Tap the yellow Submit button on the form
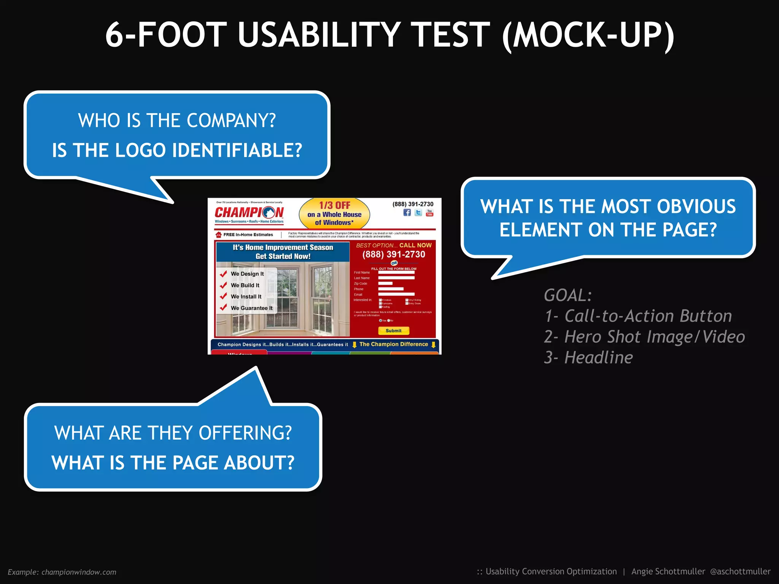point(393,331)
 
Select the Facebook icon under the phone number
point(407,213)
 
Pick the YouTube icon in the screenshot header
point(429,213)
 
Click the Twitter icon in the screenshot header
point(418,213)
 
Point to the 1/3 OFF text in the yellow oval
point(334,205)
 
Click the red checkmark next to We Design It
point(223,273)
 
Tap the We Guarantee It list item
point(251,308)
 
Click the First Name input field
point(396,272)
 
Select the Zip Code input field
point(385,283)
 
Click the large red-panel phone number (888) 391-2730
point(393,254)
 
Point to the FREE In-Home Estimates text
point(248,235)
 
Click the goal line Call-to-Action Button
point(648,316)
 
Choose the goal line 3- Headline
point(588,357)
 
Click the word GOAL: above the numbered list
point(568,295)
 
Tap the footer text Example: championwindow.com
point(62,572)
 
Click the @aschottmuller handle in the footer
point(740,571)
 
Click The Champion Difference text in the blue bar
point(393,344)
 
